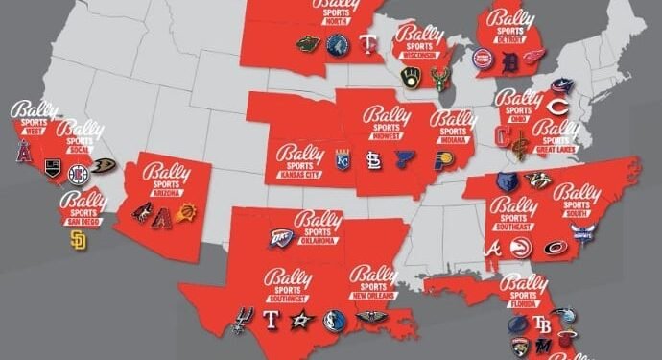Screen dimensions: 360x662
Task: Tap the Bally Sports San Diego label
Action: [x=83, y=207]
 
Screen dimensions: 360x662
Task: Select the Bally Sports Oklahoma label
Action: [x=318, y=227]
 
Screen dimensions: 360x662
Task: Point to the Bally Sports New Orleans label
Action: [x=372, y=281]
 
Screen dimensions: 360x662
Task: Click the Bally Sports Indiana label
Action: [x=453, y=126]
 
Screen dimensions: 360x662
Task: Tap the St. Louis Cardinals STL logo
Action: [x=373, y=161]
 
